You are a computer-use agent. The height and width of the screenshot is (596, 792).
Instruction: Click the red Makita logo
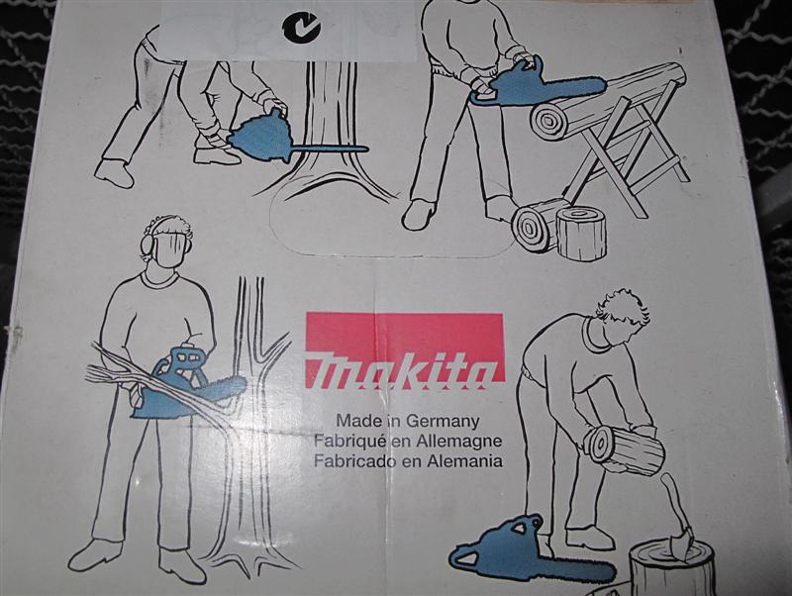[405, 351]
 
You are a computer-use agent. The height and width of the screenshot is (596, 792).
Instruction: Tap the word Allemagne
[458, 441]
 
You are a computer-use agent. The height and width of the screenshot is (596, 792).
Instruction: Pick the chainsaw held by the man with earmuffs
[187, 382]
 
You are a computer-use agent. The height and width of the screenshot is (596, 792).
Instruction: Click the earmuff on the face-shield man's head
[147, 244]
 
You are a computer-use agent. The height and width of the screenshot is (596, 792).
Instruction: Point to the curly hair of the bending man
[625, 308]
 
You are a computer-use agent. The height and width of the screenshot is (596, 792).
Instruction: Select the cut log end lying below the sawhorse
[536, 226]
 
